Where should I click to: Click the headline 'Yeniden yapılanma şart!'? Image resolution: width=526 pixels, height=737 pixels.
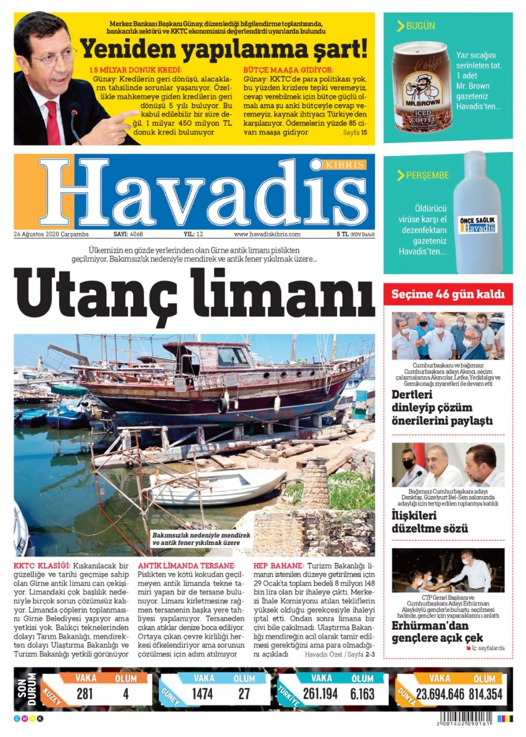tap(224, 49)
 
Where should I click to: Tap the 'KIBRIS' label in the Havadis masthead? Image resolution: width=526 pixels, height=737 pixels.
tap(345, 165)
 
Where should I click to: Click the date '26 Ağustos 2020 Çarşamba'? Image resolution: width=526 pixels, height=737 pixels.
tap(52, 234)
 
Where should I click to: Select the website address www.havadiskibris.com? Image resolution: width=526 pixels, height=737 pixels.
tap(267, 234)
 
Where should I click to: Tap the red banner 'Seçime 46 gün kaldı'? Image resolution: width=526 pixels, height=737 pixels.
tap(448, 294)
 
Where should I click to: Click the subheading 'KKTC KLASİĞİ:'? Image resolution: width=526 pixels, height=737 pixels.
tap(42, 566)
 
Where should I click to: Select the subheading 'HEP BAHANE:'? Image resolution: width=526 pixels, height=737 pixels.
tap(278, 566)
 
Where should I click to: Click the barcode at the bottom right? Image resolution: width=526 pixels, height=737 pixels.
tap(462, 718)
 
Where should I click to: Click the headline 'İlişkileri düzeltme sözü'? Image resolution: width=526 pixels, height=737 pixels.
tap(430, 522)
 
